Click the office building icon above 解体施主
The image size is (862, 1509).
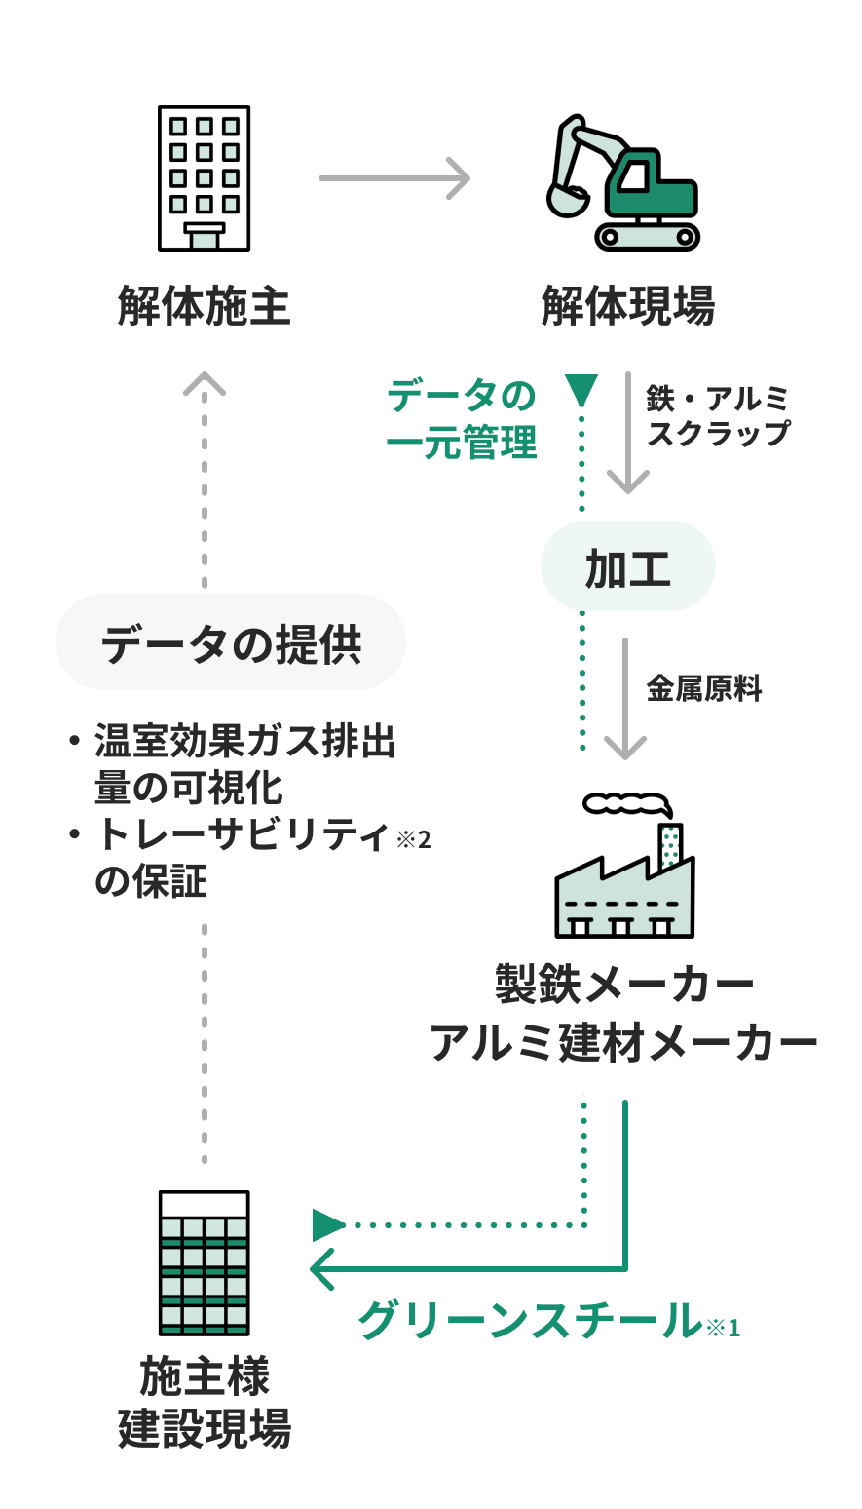coord(204,178)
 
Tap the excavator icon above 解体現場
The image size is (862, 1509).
coord(623,183)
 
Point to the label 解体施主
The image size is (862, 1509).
coord(204,306)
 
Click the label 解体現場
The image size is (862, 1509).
coord(628,306)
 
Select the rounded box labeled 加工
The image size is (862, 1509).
coord(628,565)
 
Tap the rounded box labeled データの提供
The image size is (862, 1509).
coord(231,642)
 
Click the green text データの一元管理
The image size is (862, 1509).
coord(462,419)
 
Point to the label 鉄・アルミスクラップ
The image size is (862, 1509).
coord(718,415)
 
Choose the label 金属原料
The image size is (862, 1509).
coord(704,688)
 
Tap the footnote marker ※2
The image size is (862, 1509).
coord(413,840)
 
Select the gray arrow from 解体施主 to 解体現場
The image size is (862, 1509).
coord(394,178)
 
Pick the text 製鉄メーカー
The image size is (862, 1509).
coord(624,985)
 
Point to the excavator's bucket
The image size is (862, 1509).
coord(568,200)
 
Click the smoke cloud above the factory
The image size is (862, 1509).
coord(627,804)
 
